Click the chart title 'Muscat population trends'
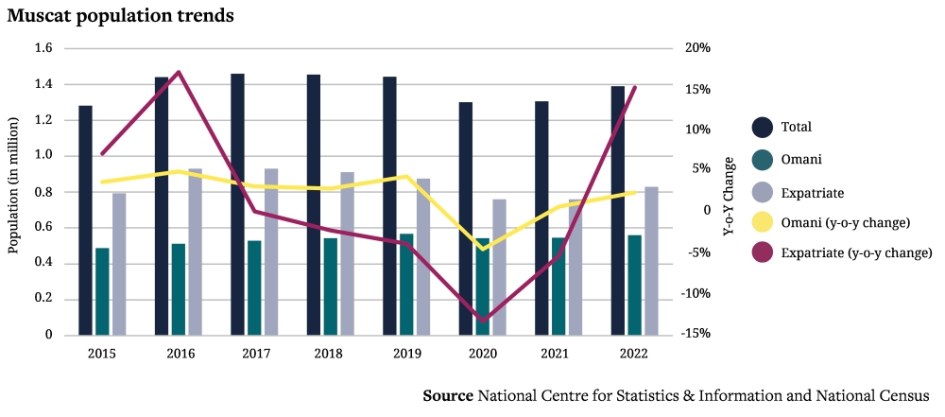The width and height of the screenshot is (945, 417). [x=121, y=16]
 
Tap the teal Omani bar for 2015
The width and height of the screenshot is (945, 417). [x=102, y=291]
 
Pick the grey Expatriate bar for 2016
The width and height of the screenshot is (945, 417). [x=195, y=252]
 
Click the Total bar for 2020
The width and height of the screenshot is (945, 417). [x=466, y=218]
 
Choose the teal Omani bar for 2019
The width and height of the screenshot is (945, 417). [x=406, y=284]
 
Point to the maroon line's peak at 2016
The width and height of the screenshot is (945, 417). [x=179, y=72]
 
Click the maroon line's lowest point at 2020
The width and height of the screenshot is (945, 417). [x=483, y=321]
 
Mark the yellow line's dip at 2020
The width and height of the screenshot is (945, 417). [x=483, y=249]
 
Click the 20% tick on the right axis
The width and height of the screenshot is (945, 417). [x=697, y=48]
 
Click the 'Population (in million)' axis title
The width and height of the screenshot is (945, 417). [x=13, y=186]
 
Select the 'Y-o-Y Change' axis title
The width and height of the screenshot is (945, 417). [x=728, y=196]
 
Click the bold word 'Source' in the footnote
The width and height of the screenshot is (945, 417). [x=448, y=395]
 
